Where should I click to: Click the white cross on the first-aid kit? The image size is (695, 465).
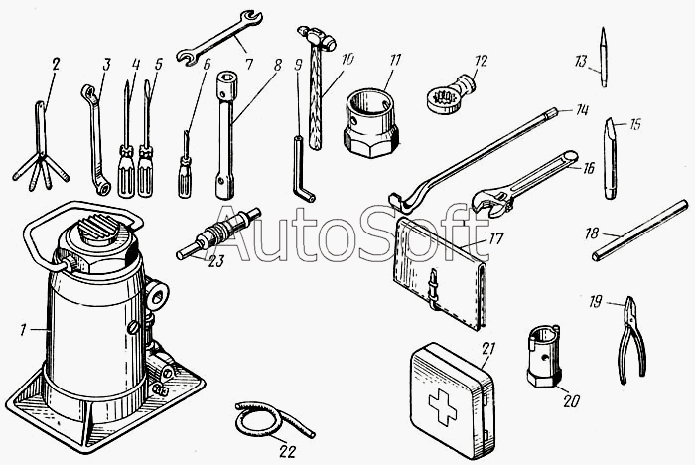point(443,407)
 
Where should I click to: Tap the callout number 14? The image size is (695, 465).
point(581,109)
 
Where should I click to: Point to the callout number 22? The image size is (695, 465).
point(287,451)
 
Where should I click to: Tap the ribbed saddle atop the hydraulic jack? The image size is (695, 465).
point(100,230)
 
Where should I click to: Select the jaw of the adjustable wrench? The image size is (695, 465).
point(488,202)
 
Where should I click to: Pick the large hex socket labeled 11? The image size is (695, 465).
point(371,123)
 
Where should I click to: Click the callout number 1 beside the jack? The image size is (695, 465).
point(23,330)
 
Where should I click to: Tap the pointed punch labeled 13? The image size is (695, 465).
point(603,57)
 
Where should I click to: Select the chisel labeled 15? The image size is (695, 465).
point(610,158)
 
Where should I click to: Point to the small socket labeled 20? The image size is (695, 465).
point(544,355)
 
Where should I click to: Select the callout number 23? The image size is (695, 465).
point(215,261)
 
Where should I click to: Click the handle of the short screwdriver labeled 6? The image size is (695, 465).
point(185,177)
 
